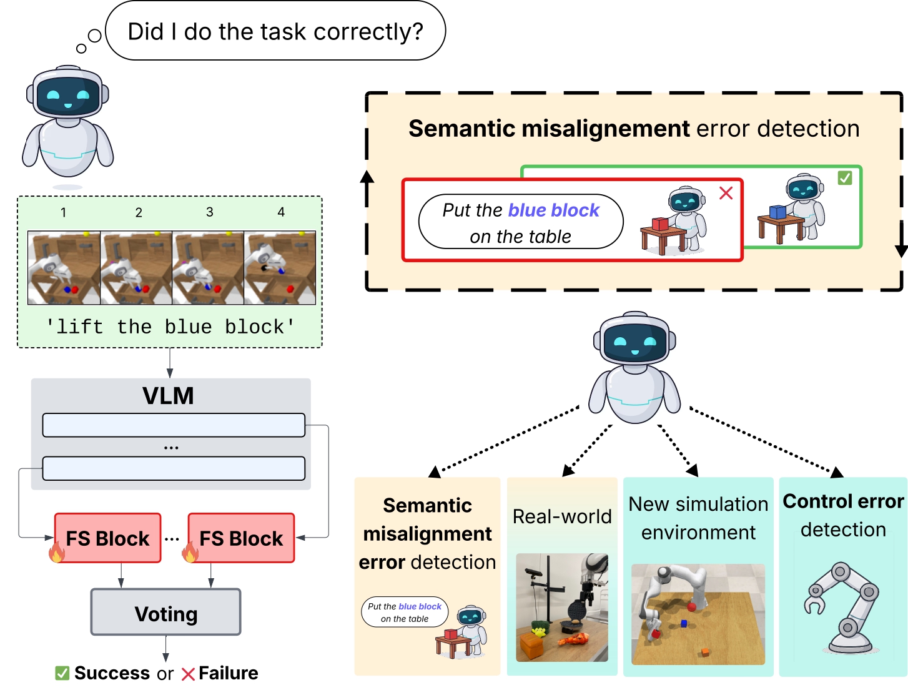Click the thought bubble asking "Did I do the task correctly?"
tap(275, 31)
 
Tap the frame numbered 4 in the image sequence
tap(280, 268)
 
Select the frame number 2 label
tap(139, 212)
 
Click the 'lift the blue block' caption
tap(170, 327)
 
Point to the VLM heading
tap(168, 396)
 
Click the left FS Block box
tap(107, 538)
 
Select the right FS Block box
tap(241, 538)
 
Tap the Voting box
tap(166, 613)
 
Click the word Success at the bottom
tap(112, 673)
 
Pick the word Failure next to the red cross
tap(229, 673)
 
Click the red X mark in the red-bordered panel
tap(726, 193)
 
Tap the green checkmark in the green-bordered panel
tap(845, 178)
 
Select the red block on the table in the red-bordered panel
tap(660, 224)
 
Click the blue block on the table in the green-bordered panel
tap(777, 212)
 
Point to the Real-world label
tap(562, 516)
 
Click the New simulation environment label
tap(698, 518)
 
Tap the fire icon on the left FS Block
tap(57, 552)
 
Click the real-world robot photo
tap(562, 607)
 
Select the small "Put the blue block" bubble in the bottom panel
tap(405, 612)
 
